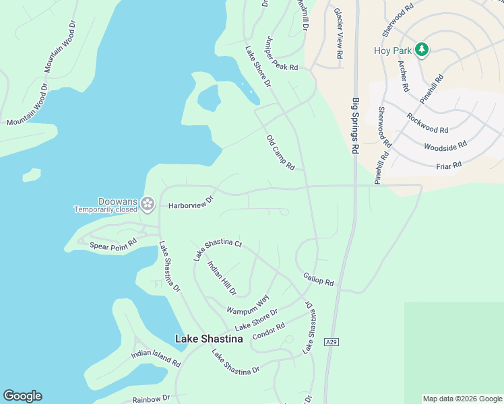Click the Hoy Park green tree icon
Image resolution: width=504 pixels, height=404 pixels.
[x=422, y=49]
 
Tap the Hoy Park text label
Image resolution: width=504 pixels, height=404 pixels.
[x=391, y=50]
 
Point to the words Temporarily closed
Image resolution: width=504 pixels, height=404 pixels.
[x=105, y=209]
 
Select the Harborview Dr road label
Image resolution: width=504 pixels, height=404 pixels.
[x=191, y=201]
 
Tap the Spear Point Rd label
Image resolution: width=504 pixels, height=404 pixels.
[x=113, y=243]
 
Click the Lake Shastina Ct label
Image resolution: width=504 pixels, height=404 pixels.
[x=218, y=249]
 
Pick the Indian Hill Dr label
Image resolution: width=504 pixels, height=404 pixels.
[x=222, y=278]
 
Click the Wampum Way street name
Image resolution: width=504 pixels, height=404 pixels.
[x=248, y=304]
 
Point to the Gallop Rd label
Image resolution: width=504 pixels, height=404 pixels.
[x=319, y=279]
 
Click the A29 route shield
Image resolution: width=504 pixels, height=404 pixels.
[x=331, y=342]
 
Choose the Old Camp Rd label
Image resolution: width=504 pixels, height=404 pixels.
[x=281, y=152]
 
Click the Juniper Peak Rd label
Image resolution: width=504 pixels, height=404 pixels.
[x=281, y=55]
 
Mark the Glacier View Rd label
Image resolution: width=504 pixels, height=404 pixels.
[x=338, y=32]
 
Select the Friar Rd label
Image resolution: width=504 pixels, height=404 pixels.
[x=449, y=164]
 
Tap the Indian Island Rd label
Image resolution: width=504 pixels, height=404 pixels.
[x=156, y=358]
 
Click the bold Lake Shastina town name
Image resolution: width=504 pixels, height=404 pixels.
[x=209, y=339]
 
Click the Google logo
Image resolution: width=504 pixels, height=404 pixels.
[x=22, y=396]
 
